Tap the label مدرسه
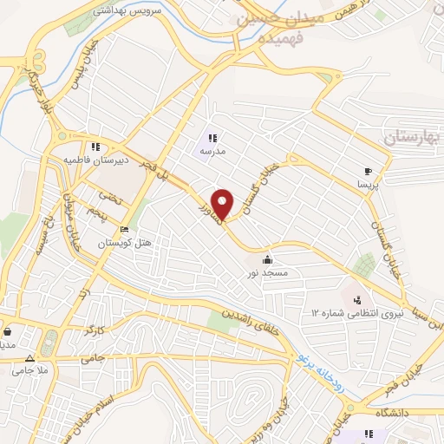(x=212, y=152)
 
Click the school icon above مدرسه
(x=212, y=137)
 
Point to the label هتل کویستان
(x=124, y=244)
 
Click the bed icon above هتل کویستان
(x=124, y=230)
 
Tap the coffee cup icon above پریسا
(x=369, y=171)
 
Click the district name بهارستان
(x=411, y=137)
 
